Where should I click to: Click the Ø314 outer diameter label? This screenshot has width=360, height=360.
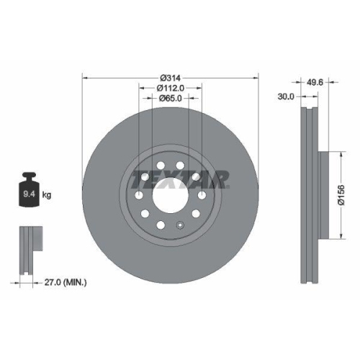(x=170, y=77)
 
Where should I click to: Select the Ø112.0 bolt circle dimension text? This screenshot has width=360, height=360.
(x=171, y=87)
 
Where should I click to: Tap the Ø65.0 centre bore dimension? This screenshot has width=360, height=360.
(x=171, y=98)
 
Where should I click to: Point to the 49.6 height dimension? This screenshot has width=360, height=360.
(x=315, y=81)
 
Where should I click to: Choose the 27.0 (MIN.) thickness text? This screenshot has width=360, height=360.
(x=63, y=284)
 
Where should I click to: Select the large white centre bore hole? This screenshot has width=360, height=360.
(x=171, y=195)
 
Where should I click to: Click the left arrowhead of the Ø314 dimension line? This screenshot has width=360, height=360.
(x=85, y=77)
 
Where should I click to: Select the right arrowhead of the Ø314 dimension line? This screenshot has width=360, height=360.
(x=256, y=77)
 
